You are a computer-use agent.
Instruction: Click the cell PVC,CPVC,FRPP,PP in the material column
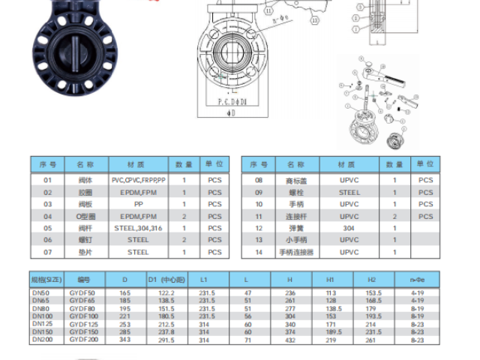tap(139, 181)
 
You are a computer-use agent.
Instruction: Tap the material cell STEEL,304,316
tap(139, 228)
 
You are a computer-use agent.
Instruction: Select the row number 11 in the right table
tap(259, 216)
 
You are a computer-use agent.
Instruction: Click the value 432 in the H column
tap(290, 340)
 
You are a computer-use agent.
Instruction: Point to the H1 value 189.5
tap(330, 332)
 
